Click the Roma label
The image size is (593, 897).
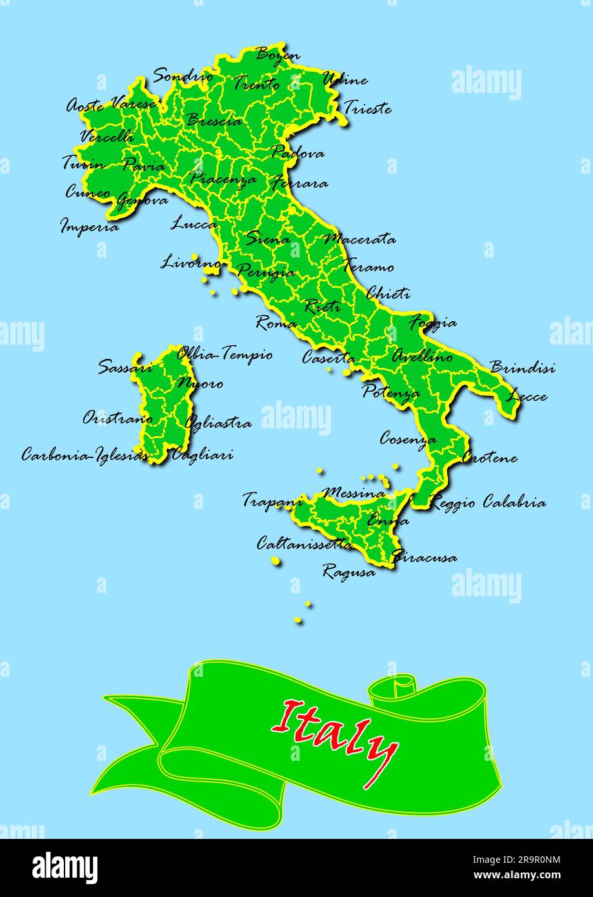tap(276, 323)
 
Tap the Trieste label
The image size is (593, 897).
tap(367, 108)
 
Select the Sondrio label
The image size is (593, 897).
tap(183, 76)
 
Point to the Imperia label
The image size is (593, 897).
tap(90, 227)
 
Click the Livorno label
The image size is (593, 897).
tap(190, 263)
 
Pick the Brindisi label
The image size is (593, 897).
tap(522, 368)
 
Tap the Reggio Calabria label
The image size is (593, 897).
tap(488, 503)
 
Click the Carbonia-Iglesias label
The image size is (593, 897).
tap(81, 454)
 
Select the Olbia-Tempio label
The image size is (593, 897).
tap(225, 354)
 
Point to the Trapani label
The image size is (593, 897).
tap(272, 499)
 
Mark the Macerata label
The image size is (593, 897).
tap(359, 239)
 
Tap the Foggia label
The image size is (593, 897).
tap(434, 323)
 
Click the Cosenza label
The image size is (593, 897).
tap(407, 439)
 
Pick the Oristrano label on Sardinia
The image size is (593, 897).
tap(117, 419)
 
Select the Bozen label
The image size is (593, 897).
tap(278, 54)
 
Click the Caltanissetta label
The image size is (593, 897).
tap(305, 544)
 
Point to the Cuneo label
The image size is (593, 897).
tap(88, 192)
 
